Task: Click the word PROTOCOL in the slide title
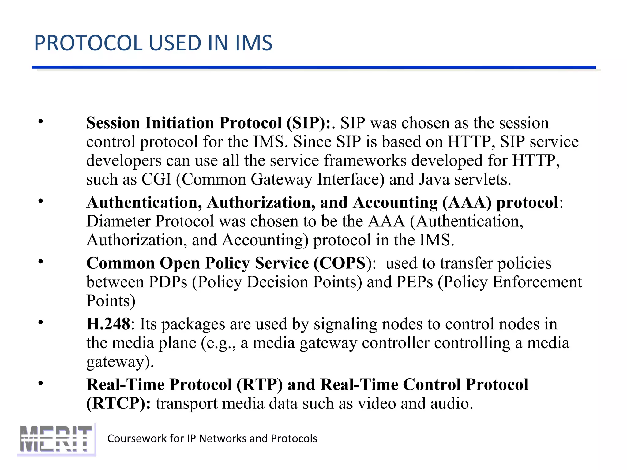(89, 43)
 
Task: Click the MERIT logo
(56, 439)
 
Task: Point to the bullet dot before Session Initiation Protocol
(41, 122)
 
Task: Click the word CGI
(156, 179)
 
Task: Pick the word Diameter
(118, 221)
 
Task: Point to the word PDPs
(168, 282)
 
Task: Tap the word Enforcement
(537, 282)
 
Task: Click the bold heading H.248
(108, 324)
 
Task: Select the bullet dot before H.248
(41, 323)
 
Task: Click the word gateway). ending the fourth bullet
(120, 362)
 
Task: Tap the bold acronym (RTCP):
(118, 404)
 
